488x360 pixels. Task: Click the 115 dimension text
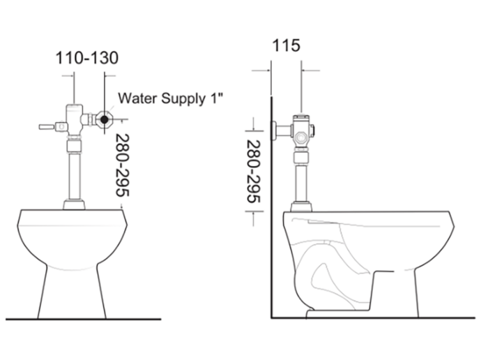286,46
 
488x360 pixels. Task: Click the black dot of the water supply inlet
104,119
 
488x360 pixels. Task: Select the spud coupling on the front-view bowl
74,204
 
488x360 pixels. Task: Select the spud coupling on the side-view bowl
301,206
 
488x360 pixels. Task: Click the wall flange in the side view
277,130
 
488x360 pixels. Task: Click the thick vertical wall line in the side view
271,209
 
